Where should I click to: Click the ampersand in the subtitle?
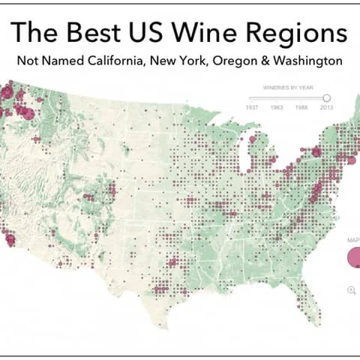click(270, 60)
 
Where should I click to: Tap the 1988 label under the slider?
click(301, 108)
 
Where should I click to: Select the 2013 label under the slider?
click(327, 108)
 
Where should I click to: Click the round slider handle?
click(327, 97)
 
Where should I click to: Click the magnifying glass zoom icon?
click(351, 290)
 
